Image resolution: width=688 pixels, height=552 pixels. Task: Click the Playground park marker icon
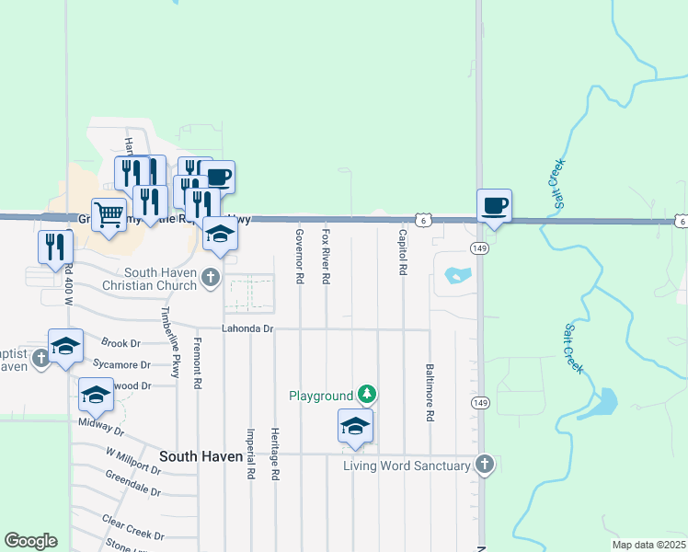[367, 395]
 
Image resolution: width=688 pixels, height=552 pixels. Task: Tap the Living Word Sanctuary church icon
[485, 465]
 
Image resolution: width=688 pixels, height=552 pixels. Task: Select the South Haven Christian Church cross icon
[211, 277]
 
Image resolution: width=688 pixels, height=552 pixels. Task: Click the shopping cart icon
[109, 215]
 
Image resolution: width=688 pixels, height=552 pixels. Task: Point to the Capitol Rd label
[403, 255]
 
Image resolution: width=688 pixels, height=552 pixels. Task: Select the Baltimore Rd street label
[430, 392]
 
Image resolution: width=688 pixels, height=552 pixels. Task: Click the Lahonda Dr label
[247, 328]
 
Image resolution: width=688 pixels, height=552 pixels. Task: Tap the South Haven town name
[201, 456]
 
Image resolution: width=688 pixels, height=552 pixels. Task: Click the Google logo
[30, 541]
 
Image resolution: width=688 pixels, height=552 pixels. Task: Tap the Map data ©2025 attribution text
[648, 545]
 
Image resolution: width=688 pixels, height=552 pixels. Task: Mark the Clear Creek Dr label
[133, 528]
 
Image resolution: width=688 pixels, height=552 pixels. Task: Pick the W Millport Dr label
[132, 461]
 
